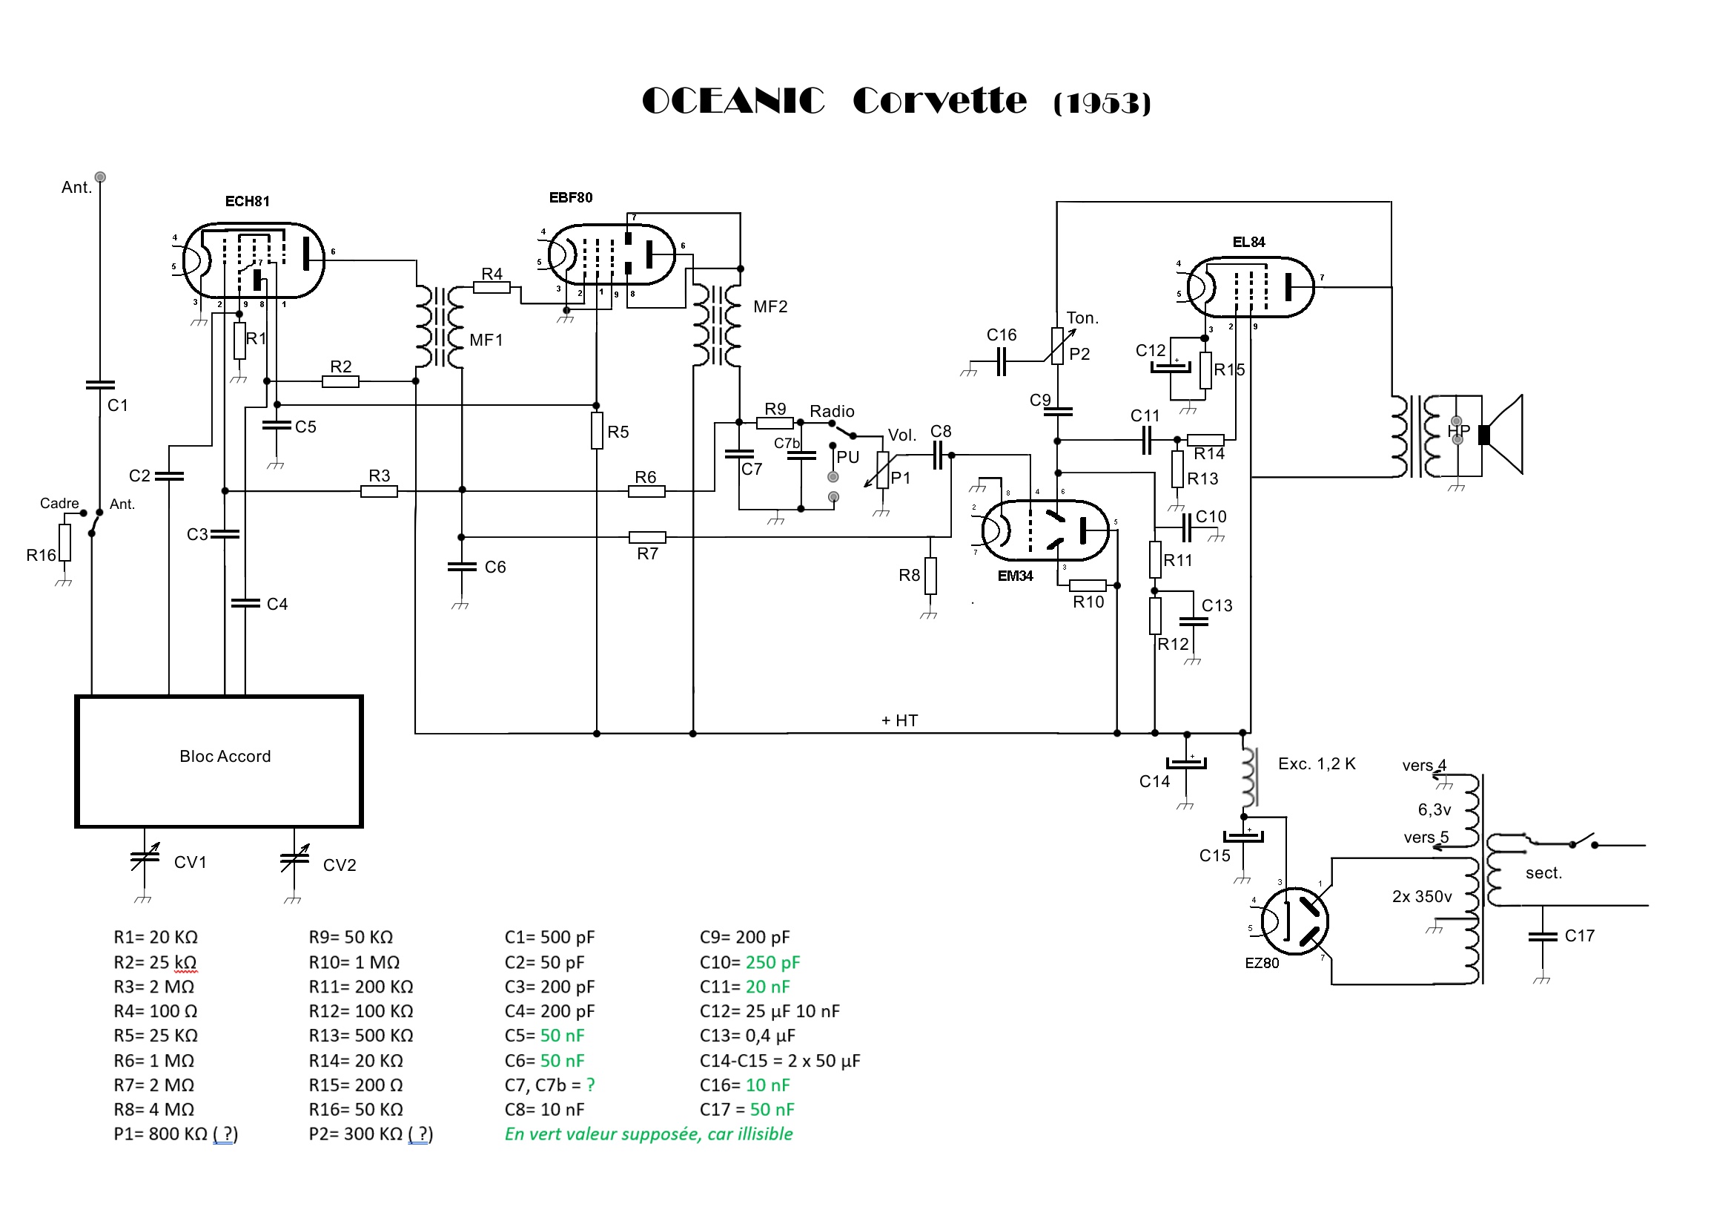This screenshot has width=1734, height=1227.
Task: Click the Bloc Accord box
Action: tap(219, 761)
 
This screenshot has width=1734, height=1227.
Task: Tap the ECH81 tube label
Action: tap(247, 201)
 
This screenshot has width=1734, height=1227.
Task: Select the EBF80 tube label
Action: tap(570, 197)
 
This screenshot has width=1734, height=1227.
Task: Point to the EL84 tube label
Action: tap(1248, 242)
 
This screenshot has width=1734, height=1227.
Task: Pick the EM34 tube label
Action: tap(1014, 576)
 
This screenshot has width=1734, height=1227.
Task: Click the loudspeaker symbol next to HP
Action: tap(1503, 435)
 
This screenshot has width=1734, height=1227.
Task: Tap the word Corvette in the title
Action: tap(939, 100)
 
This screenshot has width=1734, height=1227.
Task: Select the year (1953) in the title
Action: tap(1102, 103)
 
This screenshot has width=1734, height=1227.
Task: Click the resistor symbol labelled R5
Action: tap(597, 431)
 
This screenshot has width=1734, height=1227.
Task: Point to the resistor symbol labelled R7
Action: tap(647, 537)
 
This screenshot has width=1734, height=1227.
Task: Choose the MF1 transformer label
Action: tap(486, 340)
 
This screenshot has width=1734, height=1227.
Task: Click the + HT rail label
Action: tap(899, 720)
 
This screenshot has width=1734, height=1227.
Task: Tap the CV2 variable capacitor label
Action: tap(339, 865)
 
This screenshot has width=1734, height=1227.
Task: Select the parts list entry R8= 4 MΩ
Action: tap(154, 1109)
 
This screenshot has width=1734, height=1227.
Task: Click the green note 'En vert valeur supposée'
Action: tap(648, 1134)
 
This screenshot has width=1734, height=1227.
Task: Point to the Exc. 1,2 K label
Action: tap(1317, 764)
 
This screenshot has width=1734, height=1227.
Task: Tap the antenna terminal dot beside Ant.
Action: tap(100, 177)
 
